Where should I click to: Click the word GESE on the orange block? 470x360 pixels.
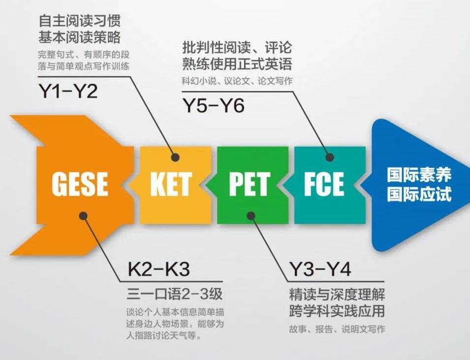click(x=80, y=184)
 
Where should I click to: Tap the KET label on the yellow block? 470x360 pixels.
click(x=171, y=184)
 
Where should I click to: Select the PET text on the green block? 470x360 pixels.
click(x=250, y=184)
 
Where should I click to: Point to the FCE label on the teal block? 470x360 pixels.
click(x=324, y=184)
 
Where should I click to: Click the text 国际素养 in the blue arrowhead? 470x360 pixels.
click(x=419, y=175)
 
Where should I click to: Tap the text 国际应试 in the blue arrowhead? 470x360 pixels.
click(x=419, y=194)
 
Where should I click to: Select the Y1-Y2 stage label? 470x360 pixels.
click(x=68, y=91)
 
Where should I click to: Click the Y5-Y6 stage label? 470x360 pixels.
click(x=214, y=105)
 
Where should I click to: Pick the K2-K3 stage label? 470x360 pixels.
click(x=159, y=269)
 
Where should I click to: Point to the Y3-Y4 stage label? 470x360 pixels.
click(x=320, y=269)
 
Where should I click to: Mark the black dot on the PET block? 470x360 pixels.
click(x=251, y=215)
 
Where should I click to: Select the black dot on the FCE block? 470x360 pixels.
click(x=330, y=157)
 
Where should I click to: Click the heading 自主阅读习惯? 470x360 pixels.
click(x=80, y=21)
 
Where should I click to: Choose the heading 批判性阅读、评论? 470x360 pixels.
click(x=237, y=48)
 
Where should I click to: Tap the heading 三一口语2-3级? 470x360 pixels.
click(x=175, y=294)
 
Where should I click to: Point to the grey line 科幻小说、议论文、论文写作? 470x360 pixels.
click(x=237, y=81)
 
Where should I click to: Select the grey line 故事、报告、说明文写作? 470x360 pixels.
click(x=337, y=329)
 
